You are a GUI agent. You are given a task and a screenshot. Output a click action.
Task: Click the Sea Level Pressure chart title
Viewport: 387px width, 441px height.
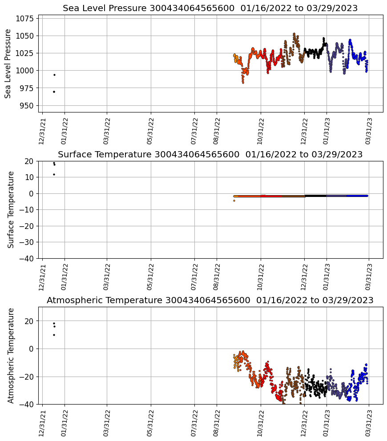210,8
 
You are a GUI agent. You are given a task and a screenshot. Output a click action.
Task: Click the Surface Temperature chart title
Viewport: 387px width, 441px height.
210,155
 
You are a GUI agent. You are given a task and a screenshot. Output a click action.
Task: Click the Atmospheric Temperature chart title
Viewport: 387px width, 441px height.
210,301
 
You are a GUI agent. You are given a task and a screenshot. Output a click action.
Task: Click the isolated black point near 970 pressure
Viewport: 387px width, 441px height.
54,92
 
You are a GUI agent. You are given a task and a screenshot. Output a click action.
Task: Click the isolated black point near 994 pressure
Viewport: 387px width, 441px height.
54,75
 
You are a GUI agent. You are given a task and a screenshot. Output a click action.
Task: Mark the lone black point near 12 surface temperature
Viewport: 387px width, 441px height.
54,174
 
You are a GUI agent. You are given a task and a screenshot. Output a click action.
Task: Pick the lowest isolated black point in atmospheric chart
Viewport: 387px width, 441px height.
54,335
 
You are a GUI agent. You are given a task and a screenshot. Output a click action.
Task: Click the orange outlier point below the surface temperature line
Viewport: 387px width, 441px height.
234,200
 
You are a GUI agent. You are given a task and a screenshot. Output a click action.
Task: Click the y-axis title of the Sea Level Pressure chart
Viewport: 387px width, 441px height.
8,64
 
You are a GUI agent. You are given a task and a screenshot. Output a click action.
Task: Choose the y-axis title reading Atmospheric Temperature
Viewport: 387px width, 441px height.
11,355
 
